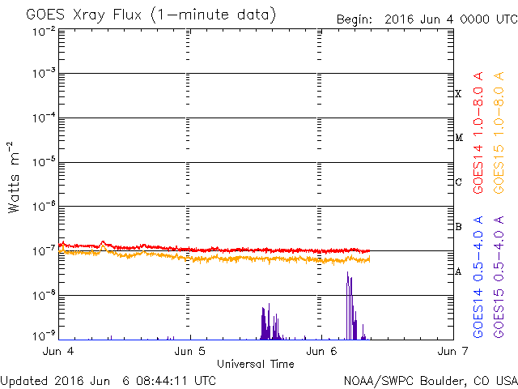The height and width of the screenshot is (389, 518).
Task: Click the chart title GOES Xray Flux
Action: tap(83, 15)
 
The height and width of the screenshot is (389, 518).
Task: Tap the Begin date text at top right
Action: tap(427, 19)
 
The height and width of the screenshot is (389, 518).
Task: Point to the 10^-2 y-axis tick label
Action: tap(45, 32)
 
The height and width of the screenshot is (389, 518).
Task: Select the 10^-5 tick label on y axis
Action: tap(45, 162)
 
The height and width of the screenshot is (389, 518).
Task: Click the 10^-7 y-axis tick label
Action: tap(45, 251)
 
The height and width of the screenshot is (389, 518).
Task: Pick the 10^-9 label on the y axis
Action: tap(45, 336)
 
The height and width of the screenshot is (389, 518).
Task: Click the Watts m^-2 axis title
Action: tap(14, 177)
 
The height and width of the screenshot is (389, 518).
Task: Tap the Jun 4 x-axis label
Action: tap(58, 351)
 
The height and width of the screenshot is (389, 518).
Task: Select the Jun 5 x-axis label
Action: tap(189, 351)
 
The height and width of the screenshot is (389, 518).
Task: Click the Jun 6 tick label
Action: tap(321, 351)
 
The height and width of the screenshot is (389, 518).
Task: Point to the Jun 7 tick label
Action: tap(452, 351)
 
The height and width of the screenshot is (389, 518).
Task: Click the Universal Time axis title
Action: tap(256, 364)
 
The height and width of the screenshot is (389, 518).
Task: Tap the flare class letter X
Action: tap(458, 94)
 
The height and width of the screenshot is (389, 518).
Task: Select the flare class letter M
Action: tap(459, 138)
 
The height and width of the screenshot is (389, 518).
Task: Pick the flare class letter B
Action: tap(458, 227)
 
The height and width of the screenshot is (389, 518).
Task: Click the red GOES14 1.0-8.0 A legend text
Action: tap(478, 133)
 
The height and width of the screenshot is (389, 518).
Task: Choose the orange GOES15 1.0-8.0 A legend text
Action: tap(499, 133)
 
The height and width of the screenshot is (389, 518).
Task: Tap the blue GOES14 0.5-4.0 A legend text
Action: tap(478, 277)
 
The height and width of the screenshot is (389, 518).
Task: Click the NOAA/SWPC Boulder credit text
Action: tap(431, 381)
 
